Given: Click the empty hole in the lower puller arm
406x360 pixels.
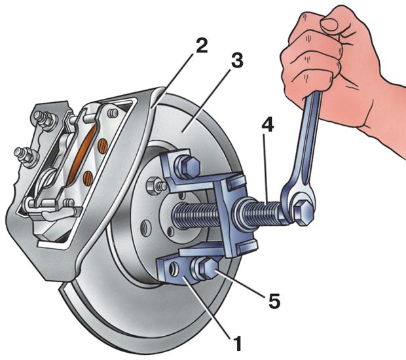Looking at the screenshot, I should [174, 268].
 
